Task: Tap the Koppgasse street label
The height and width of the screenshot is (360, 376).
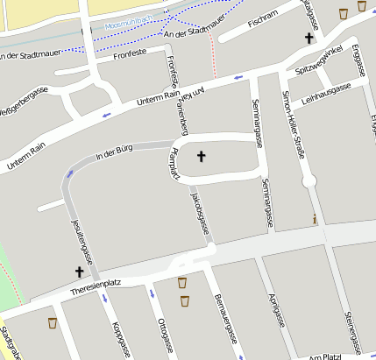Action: coord(120,339)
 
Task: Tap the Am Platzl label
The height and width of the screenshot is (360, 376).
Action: coord(325,357)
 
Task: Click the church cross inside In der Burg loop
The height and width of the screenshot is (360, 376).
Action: coord(201,157)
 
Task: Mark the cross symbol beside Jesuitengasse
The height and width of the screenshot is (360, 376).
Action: coord(79,272)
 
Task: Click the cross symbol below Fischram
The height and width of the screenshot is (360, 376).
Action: coord(309,39)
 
